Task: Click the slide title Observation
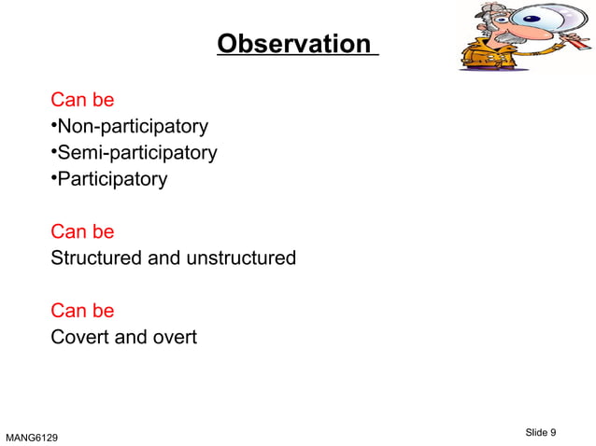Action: click(294, 44)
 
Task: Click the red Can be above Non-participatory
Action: click(82, 100)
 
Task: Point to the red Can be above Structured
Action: click(82, 231)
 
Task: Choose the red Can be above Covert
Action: click(82, 311)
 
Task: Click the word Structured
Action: click(97, 258)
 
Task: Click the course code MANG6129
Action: click(36, 436)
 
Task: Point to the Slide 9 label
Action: click(541, 431)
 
